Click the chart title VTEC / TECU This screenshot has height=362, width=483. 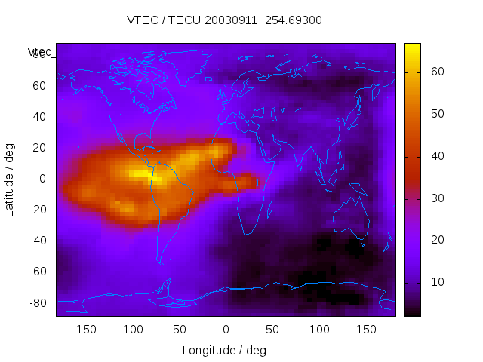(224, 20)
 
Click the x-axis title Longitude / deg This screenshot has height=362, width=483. (224, 350)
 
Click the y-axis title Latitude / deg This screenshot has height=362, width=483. (10, 179)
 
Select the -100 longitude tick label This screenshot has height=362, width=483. (131, 329)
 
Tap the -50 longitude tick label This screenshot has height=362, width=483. (178, 329)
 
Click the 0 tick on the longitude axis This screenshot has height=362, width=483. (225, 329)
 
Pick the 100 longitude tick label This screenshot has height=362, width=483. (319, 329)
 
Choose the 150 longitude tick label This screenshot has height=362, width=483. (366, 329)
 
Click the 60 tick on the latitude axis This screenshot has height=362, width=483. (39, 85)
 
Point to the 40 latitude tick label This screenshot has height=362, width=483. (39, 116)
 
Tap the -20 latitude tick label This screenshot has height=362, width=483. (37, 210)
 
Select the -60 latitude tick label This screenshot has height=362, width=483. (37, 271)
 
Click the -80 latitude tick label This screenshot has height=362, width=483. (37, 302)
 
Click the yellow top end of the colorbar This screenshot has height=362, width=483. (412, 47)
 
